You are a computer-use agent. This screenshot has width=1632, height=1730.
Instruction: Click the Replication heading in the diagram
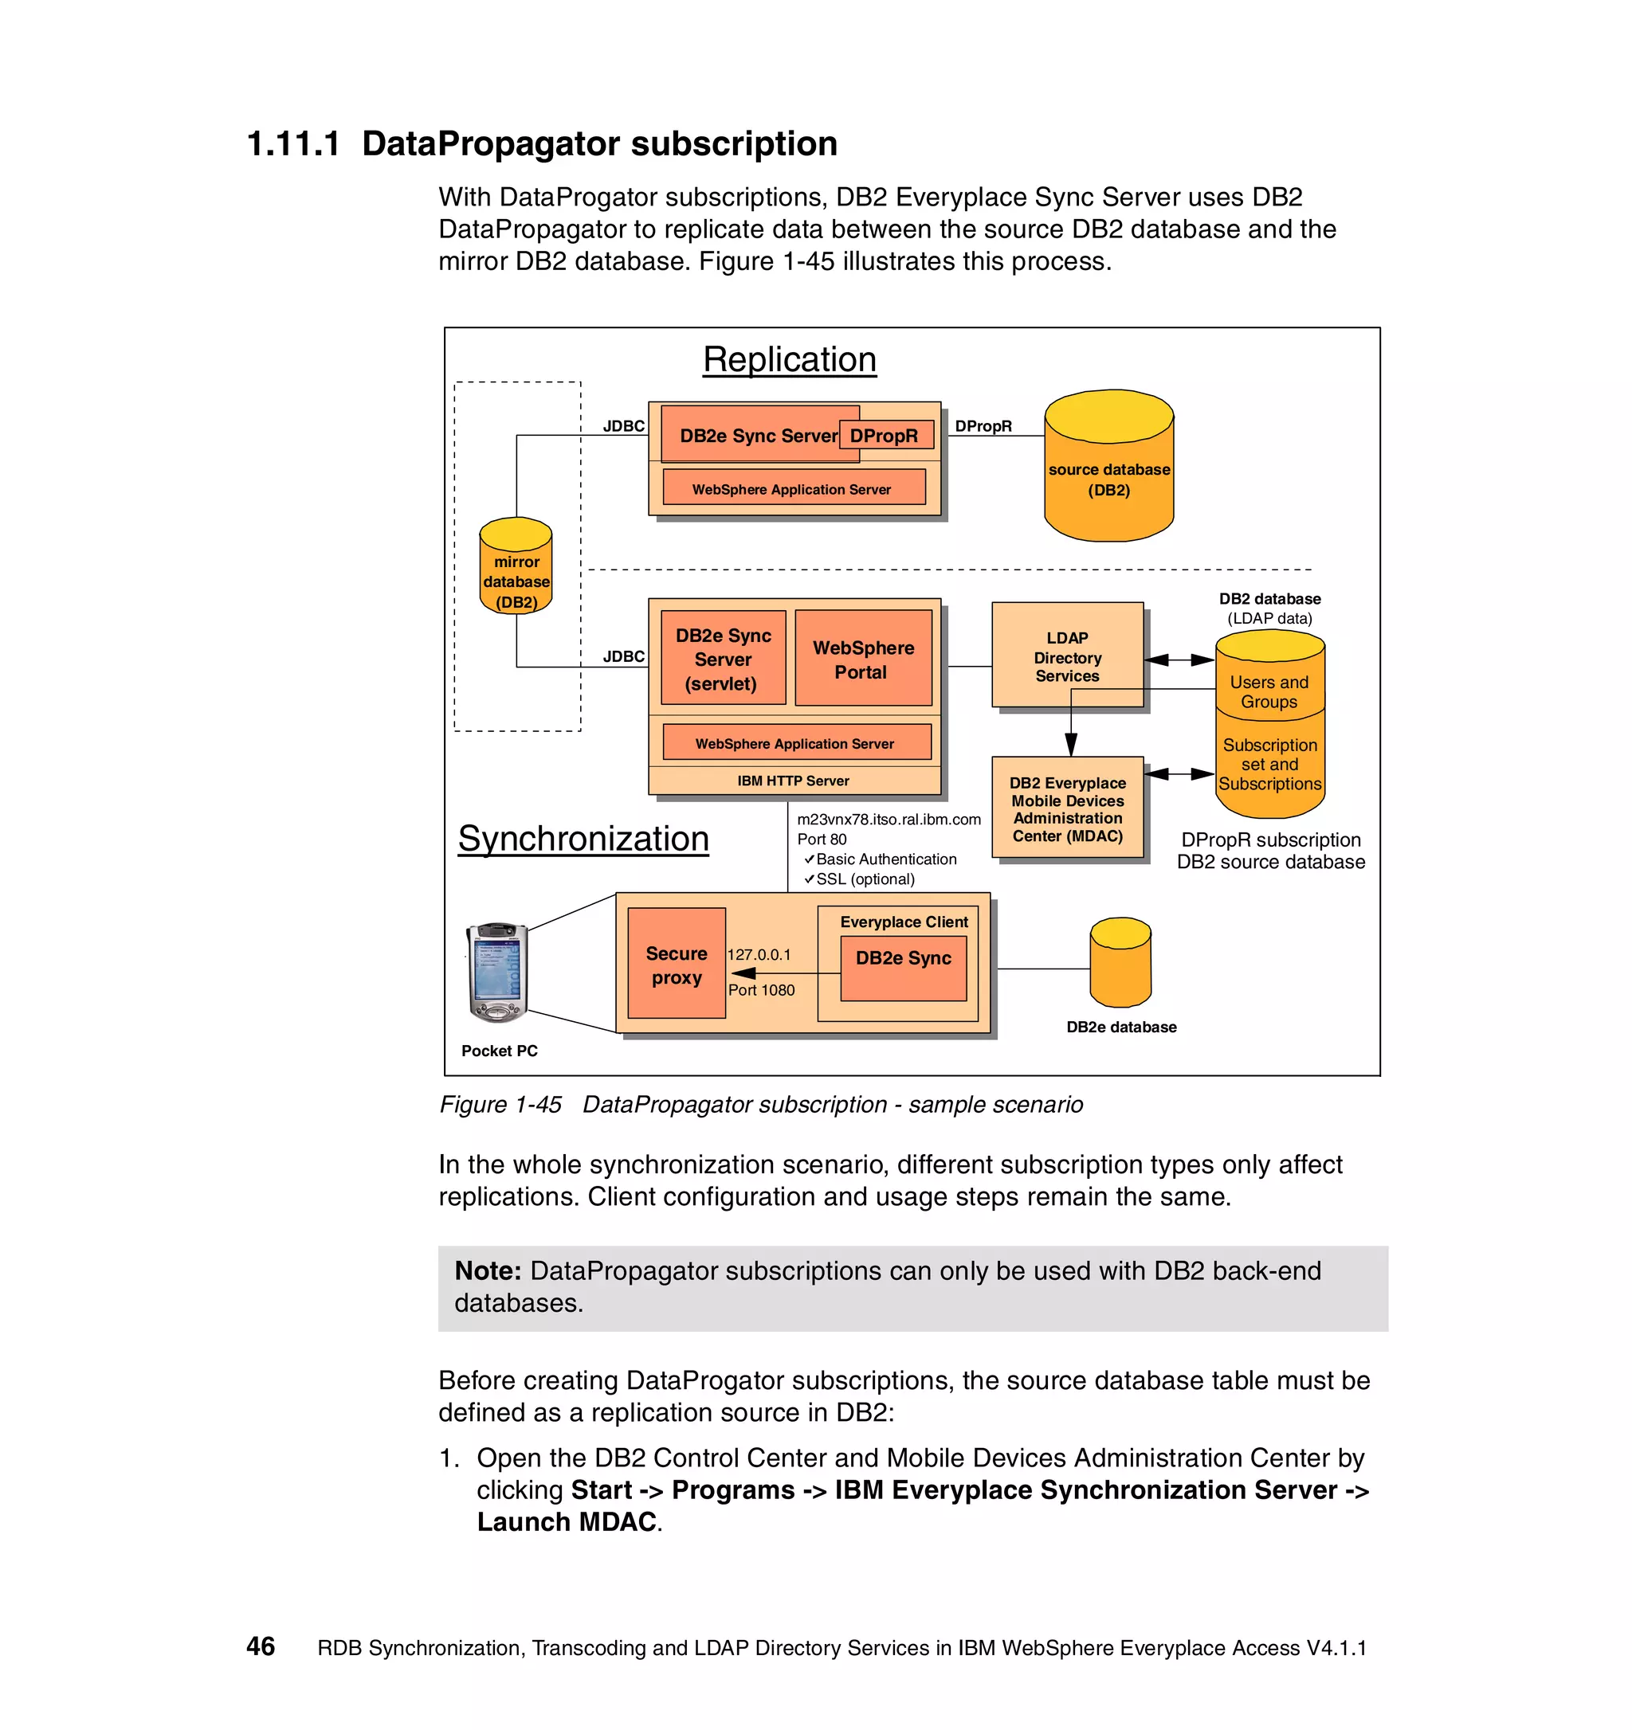click(789, 359)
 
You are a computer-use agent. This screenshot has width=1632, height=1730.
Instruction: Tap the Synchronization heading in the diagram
click(583, 838)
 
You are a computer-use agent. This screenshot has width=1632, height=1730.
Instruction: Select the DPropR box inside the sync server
click(885, 435)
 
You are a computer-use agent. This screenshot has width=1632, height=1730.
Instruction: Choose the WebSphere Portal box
click(862, 659)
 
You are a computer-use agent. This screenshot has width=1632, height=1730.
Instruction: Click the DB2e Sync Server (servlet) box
click(723, 659)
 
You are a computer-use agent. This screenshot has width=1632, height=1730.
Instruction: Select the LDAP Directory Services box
click(1067, 656)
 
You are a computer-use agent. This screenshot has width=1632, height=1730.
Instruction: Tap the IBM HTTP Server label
click(793, 781)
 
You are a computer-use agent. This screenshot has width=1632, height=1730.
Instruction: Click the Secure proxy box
click(677, 965)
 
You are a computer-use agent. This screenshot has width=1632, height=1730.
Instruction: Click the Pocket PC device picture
click(497, 972)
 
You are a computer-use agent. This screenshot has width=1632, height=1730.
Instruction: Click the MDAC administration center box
click(1067, 808)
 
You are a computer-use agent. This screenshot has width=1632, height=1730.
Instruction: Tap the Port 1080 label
click(761, 989)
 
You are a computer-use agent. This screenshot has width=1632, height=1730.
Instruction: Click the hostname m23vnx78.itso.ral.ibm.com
click(888, 819)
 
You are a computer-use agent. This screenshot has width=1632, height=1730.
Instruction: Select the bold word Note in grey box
click(487, 1270)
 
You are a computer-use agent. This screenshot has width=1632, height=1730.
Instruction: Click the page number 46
click(261, 1646)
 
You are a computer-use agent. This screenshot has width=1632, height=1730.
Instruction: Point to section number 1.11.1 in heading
click(293, 143)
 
